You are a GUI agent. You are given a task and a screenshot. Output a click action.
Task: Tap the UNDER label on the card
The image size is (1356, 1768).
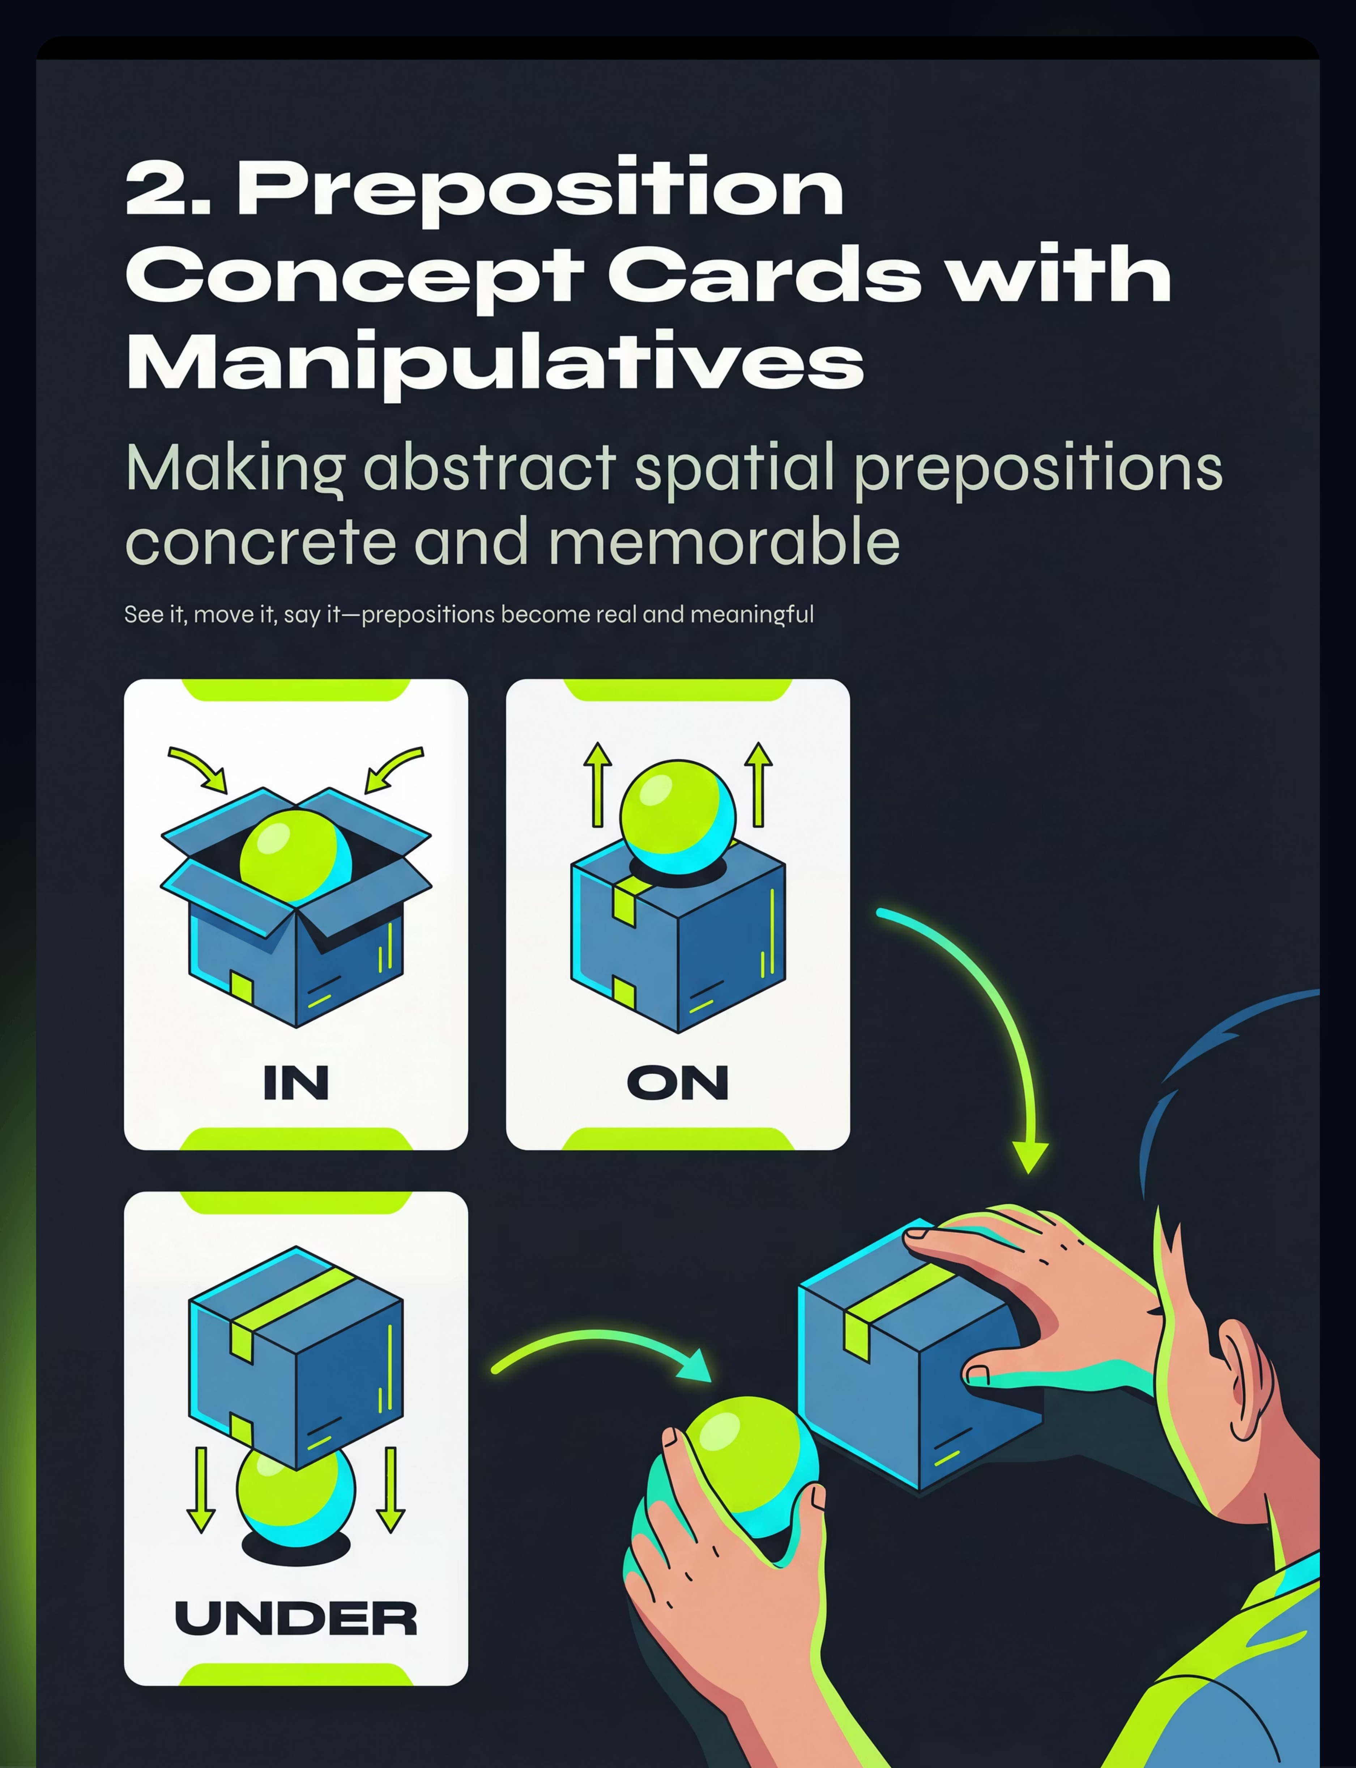(296, 1618)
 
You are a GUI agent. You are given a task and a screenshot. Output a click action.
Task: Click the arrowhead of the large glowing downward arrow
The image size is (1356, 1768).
(1031, 1156)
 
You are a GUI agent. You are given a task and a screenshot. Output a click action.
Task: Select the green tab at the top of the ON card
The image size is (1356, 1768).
(678, 690)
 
